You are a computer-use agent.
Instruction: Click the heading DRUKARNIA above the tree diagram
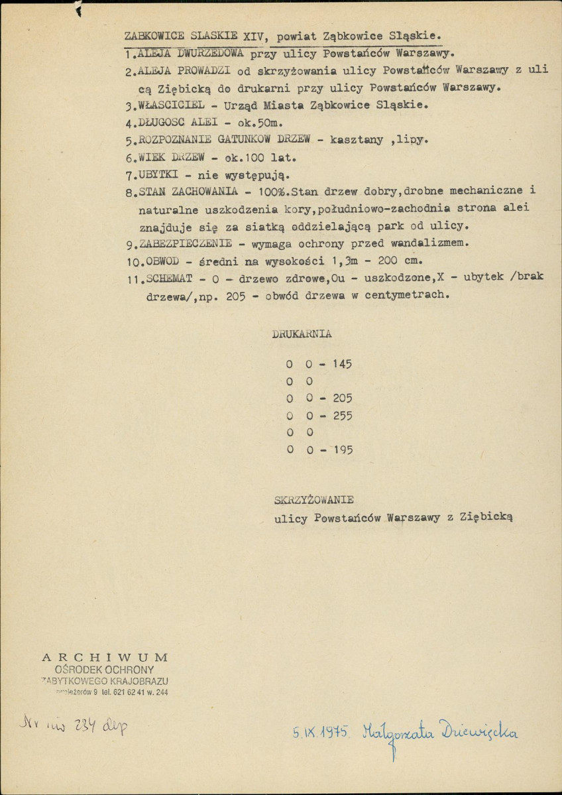tap(302, 334)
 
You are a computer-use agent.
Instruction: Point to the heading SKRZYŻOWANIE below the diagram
tap(313, 499)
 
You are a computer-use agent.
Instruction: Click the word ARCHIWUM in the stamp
tap(105, 657)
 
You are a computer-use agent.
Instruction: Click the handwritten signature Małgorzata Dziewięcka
tap(439, 733)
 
